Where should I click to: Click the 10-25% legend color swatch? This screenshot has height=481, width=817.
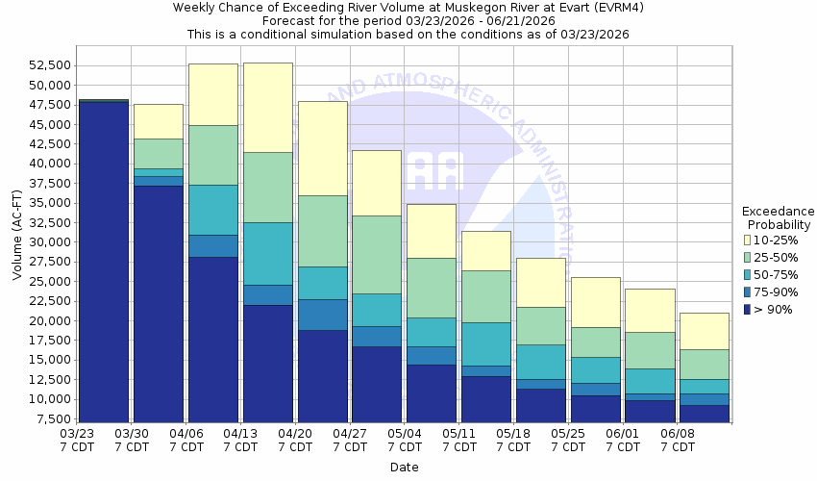tap(749, 240)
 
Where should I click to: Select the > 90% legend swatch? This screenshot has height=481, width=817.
tap(749, 309)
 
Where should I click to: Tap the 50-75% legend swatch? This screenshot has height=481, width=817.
tap(749, 274)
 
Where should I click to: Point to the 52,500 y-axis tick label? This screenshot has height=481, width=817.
tap(45, 65)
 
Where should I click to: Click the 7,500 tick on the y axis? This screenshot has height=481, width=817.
tap(49, 419)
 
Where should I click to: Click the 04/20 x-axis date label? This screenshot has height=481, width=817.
tap(296, 434)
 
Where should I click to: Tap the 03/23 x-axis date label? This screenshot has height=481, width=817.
tap(78, 434)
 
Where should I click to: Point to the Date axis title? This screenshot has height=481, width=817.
tap(404, 468)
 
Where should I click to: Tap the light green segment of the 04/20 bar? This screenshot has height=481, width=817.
tap(323, 231)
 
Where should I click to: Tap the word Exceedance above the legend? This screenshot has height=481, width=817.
tap(779, 212)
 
